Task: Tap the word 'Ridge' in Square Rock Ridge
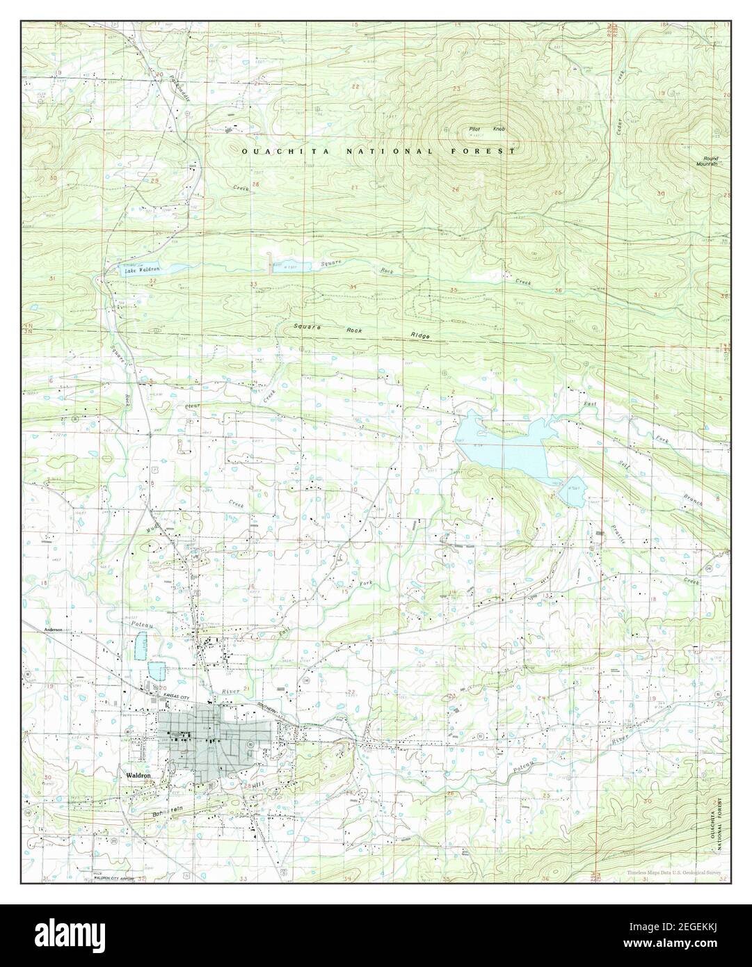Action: click(x=419, y=336)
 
